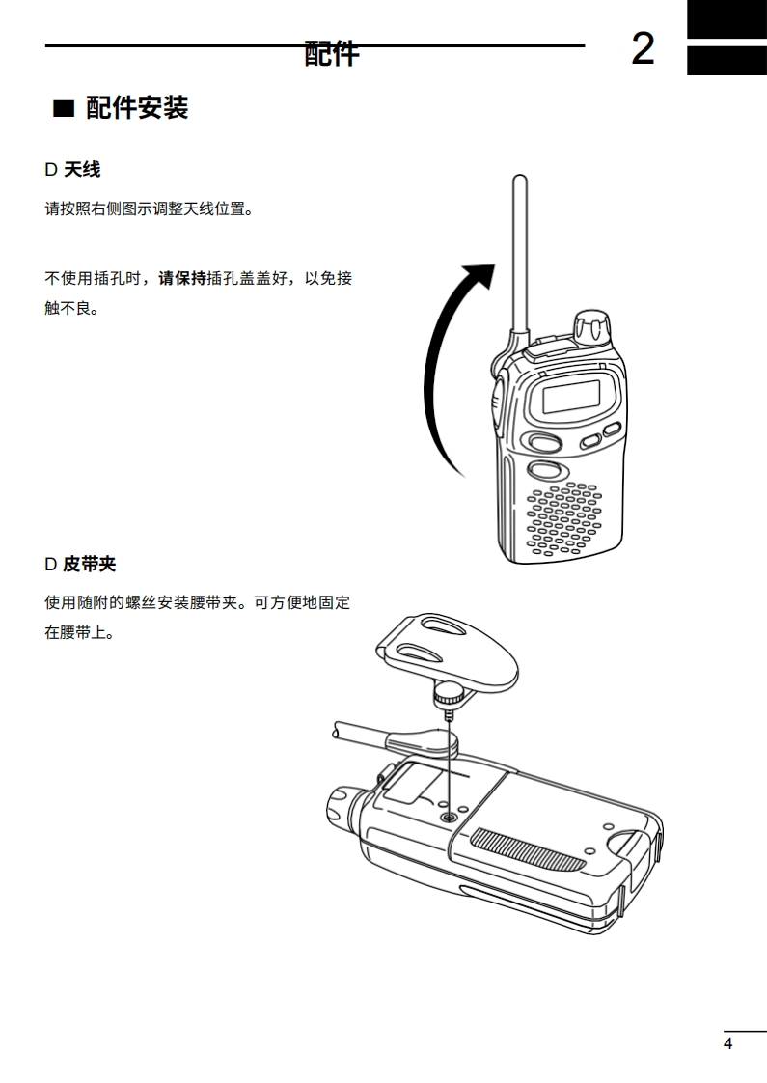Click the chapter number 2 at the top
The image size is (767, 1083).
643,48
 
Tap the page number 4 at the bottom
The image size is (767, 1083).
727,1043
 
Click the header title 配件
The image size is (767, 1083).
331,53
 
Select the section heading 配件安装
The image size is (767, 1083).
137,108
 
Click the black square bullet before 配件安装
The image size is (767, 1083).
64,109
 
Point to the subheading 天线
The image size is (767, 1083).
81,169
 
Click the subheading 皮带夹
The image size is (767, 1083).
90,565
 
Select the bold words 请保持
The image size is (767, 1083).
182,278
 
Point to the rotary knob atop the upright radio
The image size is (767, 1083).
592,327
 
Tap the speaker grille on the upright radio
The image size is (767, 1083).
563,518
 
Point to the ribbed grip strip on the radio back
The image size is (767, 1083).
528,849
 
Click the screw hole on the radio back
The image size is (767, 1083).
450,817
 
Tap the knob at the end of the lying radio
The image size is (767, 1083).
341,806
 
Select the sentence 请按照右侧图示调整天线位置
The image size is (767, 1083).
150,208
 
